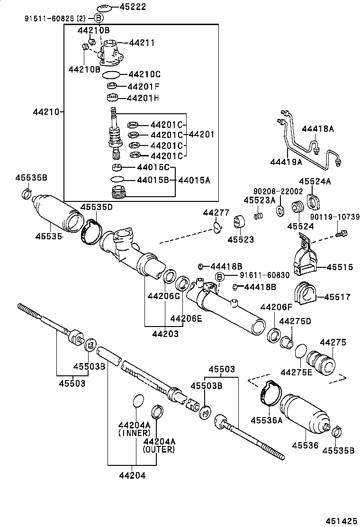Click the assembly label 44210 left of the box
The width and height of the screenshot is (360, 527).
click(x=46, y=112)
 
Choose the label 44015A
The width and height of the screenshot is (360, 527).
click(x=194, y=180)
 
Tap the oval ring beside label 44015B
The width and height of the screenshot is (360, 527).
click(x=117, y=180)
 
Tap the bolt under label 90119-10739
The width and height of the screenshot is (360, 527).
click(x=342, y=234)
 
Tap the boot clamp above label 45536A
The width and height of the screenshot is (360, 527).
click(x=270, y=393)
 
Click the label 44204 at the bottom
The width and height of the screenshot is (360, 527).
click(x=132, y=475)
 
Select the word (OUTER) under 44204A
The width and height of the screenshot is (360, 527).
click(x=159, y=449)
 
